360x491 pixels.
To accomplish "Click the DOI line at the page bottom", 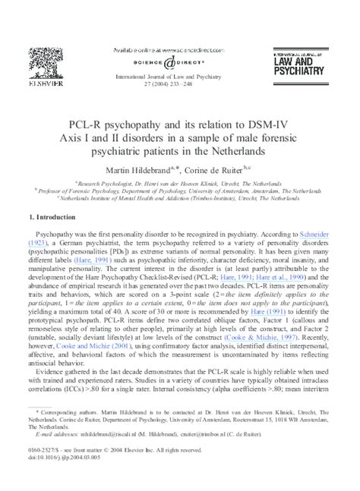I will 65,478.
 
